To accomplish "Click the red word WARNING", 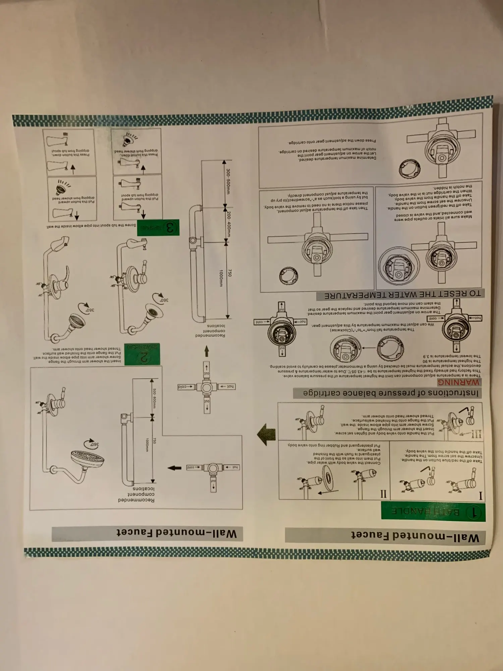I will point(458,382).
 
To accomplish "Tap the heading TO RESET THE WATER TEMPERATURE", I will point(402,295).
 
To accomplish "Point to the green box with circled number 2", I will point(142,354).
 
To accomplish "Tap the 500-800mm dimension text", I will point(154,398).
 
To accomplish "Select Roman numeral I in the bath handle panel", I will point(480,496).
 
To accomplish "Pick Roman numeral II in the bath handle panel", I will point(383,494).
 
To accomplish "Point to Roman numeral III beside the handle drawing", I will point(477,434).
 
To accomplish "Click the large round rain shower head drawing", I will point(88,459).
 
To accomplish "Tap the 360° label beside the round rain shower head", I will point(92,444).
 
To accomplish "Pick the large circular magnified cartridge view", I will point(399,266).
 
